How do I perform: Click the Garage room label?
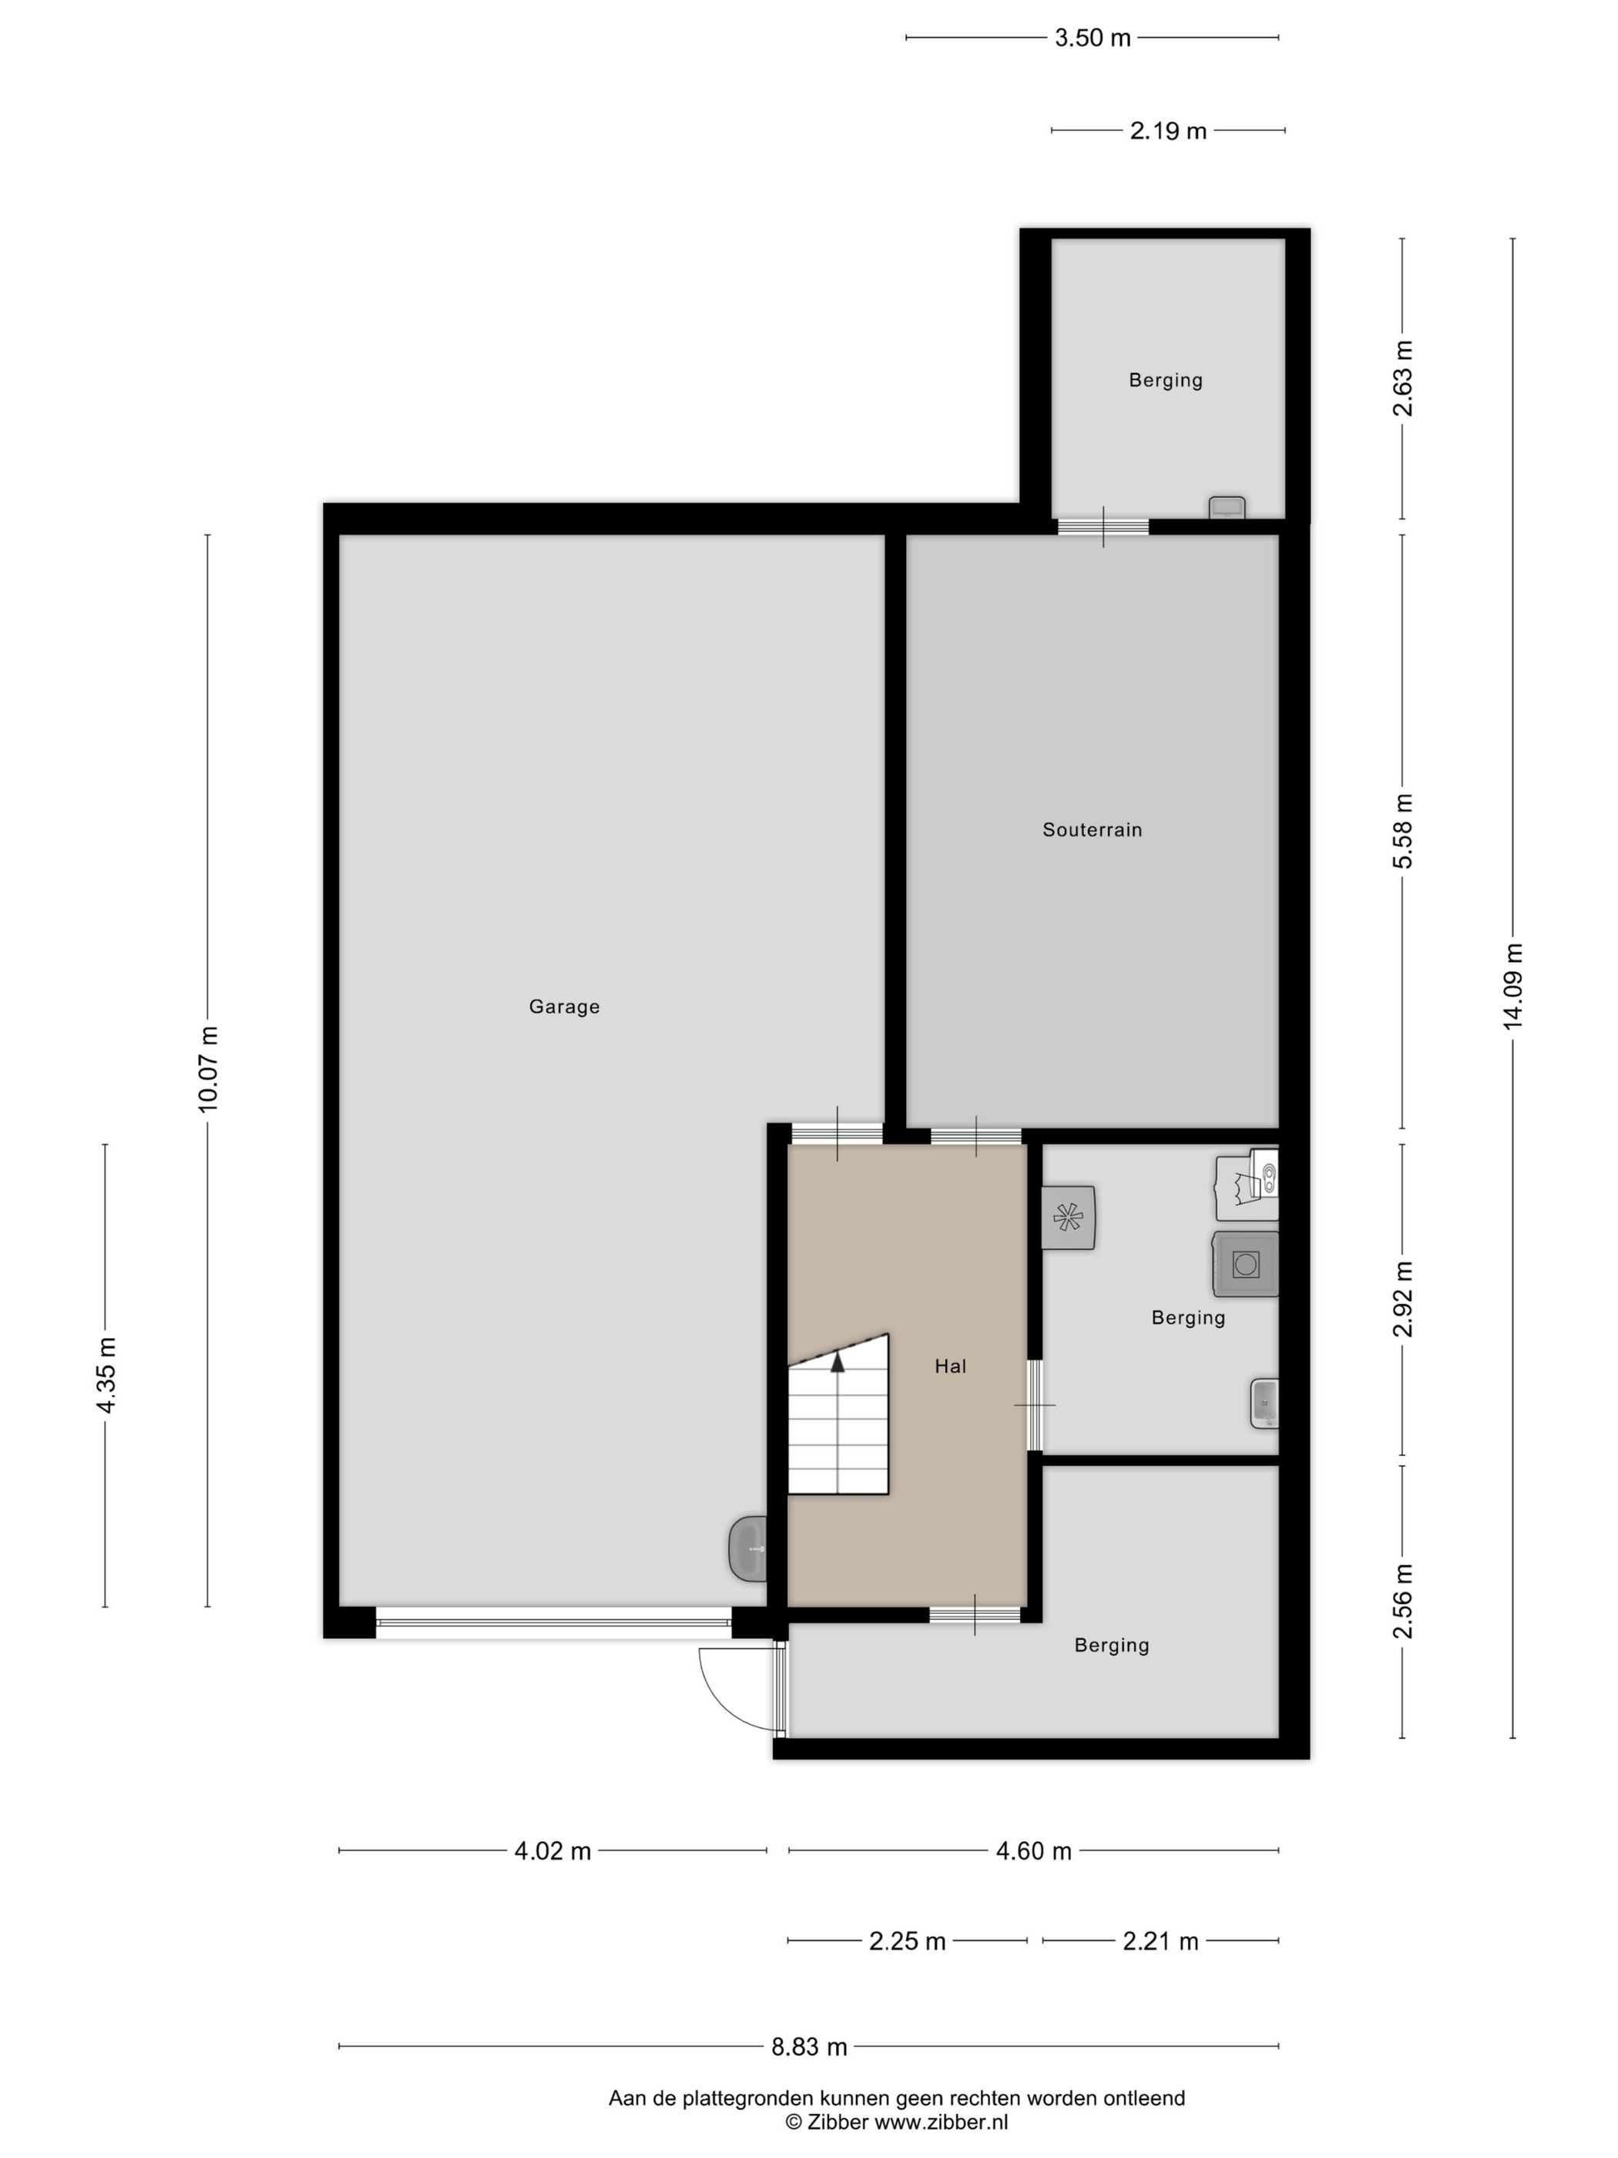(x=564, y=1007)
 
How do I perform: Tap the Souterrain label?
(x=1091, y=830)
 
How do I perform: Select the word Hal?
(x=950, y=1366)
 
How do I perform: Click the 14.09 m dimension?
(x=1512, y=987)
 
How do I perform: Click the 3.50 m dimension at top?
(x=1093, y=38)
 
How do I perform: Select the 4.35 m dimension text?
(x=106, y=1375)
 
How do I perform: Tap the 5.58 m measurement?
(x=1402, y=830)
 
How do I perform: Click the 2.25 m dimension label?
(x=907, y=1941)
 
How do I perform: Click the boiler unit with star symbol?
(x=1068, y=1216)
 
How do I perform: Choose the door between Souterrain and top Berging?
(x=1103, y=527)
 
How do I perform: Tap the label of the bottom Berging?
(x=1111, y=1645)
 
